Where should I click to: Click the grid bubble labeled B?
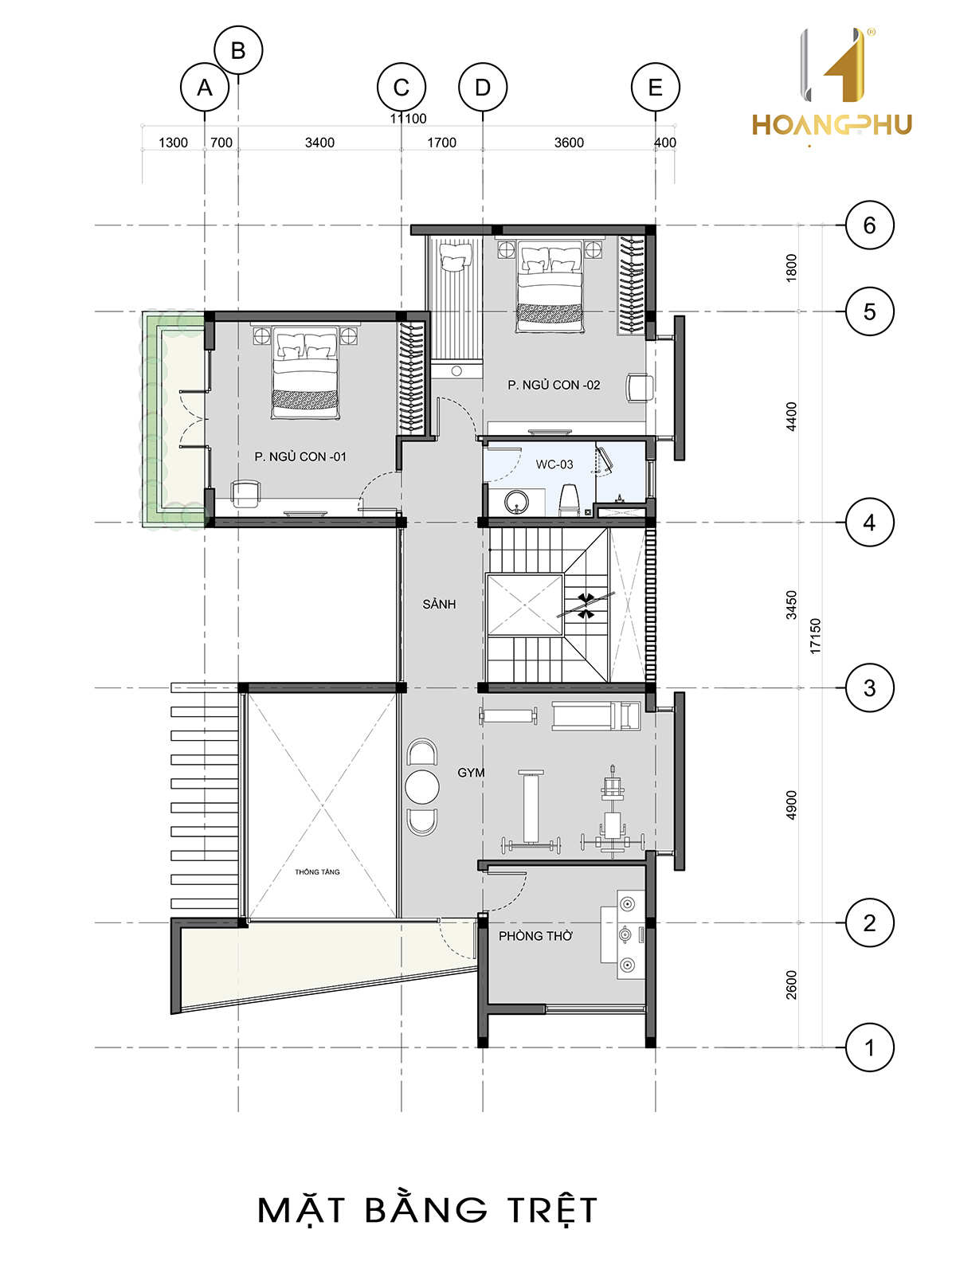tap(238, 50)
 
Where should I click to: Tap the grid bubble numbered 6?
tap(869, 225)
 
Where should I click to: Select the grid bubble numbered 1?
tap(869, 1048)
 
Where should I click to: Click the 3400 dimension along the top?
tap(319, 143)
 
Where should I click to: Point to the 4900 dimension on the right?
tap(792, 805)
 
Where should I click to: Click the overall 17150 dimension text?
tap(815, 636)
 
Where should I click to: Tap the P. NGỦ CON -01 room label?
tap(300, 456)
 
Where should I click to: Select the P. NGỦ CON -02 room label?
tap(554, 385)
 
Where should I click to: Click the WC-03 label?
tap(554, 464)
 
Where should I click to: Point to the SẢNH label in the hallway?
tap(439, 604)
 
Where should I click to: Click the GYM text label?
tap(471, 773)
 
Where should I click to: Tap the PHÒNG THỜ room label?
tap(535, 936)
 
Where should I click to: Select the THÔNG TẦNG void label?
tap(317, 871)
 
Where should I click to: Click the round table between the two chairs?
tap(422, 787)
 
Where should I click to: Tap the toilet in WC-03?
tap(569, 499)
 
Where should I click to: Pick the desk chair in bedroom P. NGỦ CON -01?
tap(245, 494)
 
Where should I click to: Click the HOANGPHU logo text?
tap(832, 125)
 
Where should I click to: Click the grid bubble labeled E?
tap(656, 88)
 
